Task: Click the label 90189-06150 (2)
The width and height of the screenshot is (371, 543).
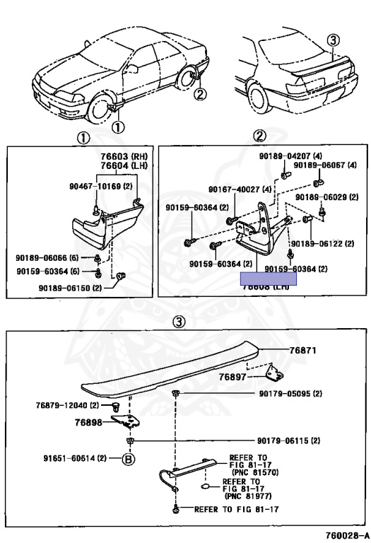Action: (x=71, y=288)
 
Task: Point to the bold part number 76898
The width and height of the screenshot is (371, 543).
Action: (x=89, y=422)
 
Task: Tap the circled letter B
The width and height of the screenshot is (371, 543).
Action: (x=128, y=458)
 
